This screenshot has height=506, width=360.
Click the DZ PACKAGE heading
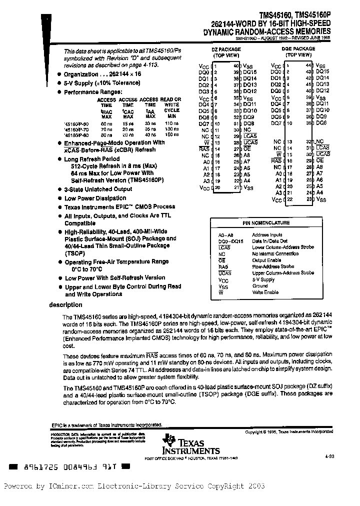click(x=227, y=49)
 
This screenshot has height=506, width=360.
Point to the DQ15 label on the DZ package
click(x=250, y=72)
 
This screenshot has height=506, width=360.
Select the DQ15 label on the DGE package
click(x=322, y=71)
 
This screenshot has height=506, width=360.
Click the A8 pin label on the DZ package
click(x=246, y=155)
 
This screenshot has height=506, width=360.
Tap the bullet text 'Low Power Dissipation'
click(x=95, y=198)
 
